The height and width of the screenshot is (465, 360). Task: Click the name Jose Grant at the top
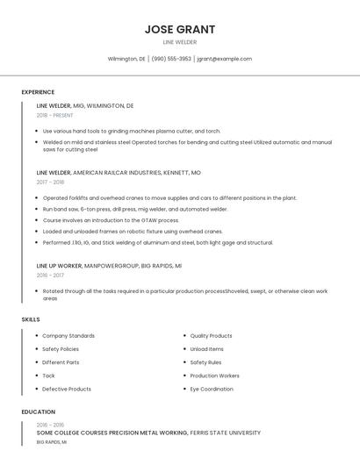click(x=179, y=29)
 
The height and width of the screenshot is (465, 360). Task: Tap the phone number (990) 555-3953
click(x=171, y=59)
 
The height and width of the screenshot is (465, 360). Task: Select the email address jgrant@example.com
click(x=225, y=59)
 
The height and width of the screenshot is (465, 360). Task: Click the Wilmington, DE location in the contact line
click(x=126, y=59)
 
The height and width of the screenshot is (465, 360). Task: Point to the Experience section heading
click(x=38, y=92)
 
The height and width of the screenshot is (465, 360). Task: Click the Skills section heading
click(x=31, y=319)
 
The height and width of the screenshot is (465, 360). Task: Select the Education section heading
click(x=38, y=411)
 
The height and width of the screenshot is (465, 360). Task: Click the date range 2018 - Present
click(x=55, y=115)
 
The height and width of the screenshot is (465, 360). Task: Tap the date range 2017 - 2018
click(x=50, y=182)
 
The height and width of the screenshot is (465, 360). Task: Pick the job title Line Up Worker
click(x=59, y=265)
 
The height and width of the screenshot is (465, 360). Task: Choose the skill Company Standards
click(x=68, y=335)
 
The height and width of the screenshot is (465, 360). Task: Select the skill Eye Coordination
click(x=212, y=389)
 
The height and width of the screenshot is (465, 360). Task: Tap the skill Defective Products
click(x=67, y=389)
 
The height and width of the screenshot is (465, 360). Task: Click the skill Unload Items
click(x=207, y=348)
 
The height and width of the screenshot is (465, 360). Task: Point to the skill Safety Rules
click(x=205, y=361)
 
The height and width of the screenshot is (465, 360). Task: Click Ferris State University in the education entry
click(x=227, y=433)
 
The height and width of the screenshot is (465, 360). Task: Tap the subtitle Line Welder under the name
click(x=179, y=42)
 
